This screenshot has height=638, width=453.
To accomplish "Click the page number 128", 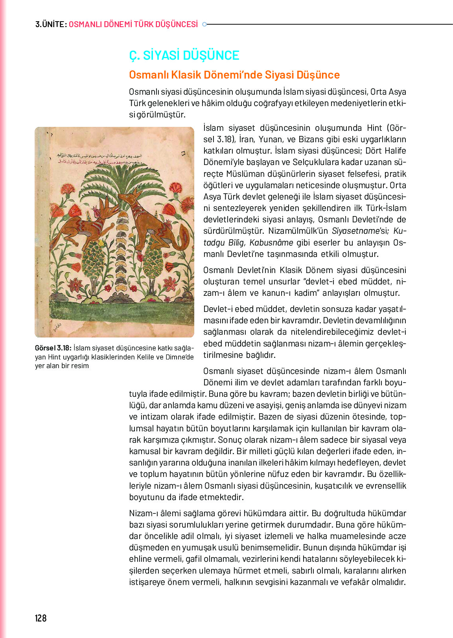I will point(41,618).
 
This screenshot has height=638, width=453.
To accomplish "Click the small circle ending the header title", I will point(204,24).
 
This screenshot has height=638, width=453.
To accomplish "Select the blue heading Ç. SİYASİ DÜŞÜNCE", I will point(184,55).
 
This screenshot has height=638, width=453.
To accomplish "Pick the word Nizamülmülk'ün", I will point(298,231).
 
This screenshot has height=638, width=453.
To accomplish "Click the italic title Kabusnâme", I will point(271,242).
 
